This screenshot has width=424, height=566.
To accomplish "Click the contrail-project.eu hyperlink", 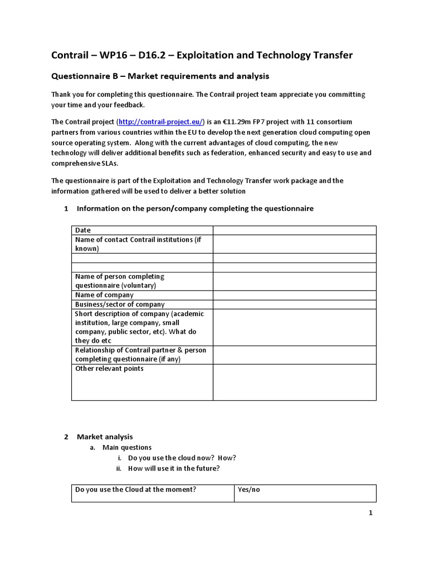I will [x=161, y=122].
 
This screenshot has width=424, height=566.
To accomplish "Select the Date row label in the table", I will [x=83, y=230].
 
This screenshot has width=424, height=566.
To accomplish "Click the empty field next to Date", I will [x=294, y=230].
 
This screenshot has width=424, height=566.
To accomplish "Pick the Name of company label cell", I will [x=104, y=295].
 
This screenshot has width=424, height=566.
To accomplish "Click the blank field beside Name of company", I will [x=294, y=295].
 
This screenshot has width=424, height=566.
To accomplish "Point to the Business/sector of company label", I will [x=120, y=305].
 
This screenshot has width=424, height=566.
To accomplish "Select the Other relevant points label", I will [x=109, y=369].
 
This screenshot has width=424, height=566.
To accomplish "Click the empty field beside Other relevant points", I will [x=294, y=382].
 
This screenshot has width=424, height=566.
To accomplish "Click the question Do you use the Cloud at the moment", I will [x=136, y=490].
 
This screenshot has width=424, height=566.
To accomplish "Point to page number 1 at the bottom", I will [x=371, y=513].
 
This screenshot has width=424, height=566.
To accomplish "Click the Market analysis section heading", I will [x=105, y=437].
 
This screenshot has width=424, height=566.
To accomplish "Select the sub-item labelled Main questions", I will [x=127, y=447].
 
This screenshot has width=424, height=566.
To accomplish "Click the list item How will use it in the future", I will [x=173, y=468].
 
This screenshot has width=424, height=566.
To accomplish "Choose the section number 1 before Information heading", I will [x=66, y=208].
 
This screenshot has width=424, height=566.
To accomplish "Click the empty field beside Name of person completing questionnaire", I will [x=294, y=281].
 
